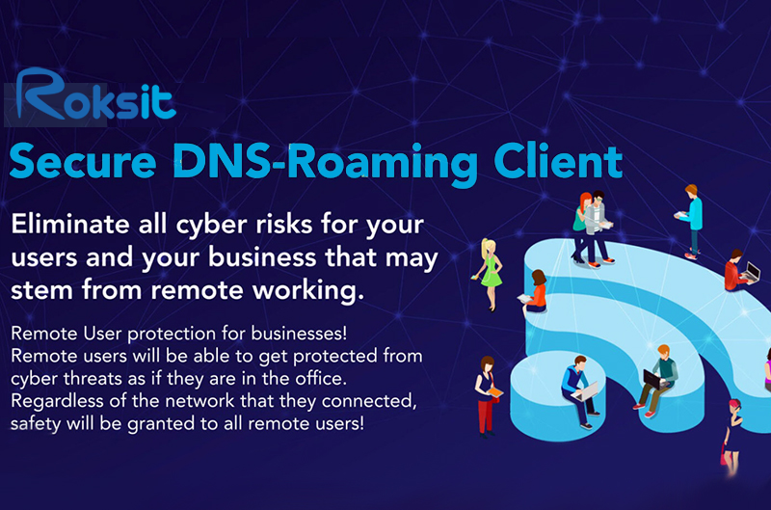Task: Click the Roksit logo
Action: click(x=95, y=94)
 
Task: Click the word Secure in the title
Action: click(x=83, y=162)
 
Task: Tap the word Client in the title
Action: click(x=558, y=161)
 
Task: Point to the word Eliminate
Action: click(x=70, y=225)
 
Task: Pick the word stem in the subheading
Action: click(x=41, y=289)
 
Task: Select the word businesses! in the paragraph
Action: click(x=299, y=333)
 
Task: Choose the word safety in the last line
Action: click(x=36, y=424)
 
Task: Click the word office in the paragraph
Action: click(x=321, y=378)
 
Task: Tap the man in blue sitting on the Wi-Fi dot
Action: click(x=580, y=391)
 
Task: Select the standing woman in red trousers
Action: click(x=487, y=396)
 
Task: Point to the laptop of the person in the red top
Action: click(x=752, y=272)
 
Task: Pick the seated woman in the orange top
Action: click(x=535, y=293)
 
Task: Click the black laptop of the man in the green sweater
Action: click(x=652, y=379)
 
